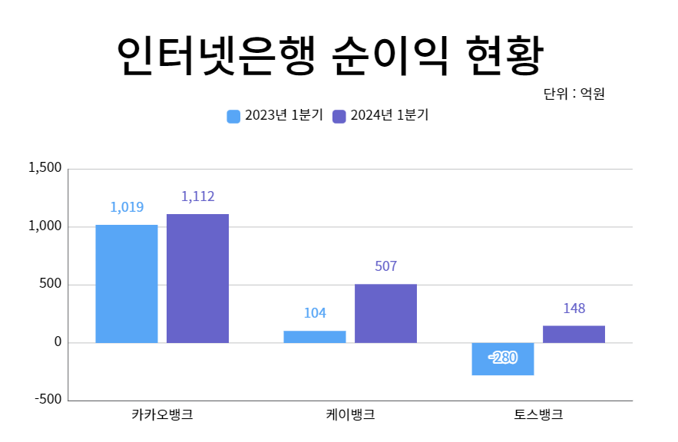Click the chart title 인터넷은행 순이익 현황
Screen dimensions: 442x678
coord(330,55)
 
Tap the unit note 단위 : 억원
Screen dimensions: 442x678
coord(574,94)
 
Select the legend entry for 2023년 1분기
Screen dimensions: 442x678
coord(276,116)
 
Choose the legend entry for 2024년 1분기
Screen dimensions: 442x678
coord(381,116)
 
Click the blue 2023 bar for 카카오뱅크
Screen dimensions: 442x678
coord(127,283)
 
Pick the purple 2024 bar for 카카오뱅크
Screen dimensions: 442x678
coord(197,278)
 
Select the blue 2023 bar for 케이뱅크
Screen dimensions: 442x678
coord(315,336)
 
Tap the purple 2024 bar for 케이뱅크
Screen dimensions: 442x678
coord(385,313)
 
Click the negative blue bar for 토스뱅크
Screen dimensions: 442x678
coord(503,359)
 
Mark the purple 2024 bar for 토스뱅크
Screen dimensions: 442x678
coord(574,334)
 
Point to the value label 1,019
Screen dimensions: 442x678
coord(127,207)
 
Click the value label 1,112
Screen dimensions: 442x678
coord(197,196)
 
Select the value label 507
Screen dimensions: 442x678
coord(385,267)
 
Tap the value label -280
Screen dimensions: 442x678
coord(503,358)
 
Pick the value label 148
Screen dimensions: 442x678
coord(574,308)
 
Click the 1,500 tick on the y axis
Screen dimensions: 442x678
coord(45,168)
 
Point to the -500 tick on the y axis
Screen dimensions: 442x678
coord(48,400)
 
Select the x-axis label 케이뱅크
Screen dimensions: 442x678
coord(350,415)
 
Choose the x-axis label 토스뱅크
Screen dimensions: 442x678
coord(538,415)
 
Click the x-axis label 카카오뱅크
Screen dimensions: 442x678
coord(162,415)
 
